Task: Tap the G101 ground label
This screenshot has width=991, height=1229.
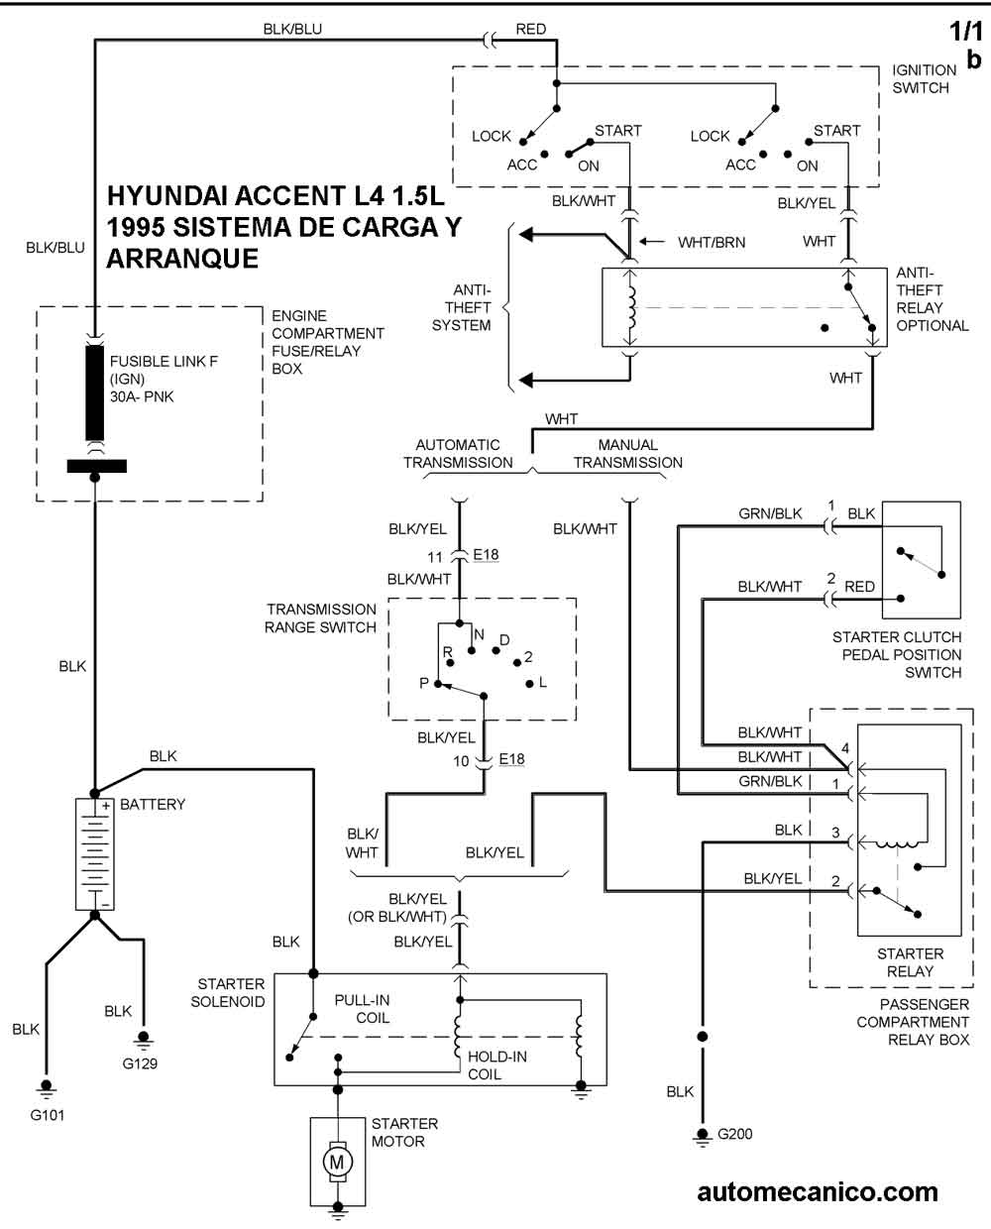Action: click(48, 1114)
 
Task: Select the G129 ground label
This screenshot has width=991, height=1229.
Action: click(140, 1062)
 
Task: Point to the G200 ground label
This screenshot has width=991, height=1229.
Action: click(734, 1134)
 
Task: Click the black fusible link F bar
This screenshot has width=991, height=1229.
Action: click(95, 391)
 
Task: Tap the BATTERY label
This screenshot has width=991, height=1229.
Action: click(153, 804)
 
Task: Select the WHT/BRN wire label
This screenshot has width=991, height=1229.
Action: click(712, 243)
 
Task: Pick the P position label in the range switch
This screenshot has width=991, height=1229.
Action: click(424, 683)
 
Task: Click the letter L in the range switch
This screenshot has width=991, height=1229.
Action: click(543, 682)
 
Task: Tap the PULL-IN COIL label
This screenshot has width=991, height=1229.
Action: click(363, 1009)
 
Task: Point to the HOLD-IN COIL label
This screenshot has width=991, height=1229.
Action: click(496, 1065)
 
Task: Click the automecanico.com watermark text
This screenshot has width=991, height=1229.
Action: click(818, 1193)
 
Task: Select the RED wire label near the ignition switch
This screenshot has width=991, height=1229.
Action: click(530, 29)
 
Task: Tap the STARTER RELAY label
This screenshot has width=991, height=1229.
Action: click(910, 962)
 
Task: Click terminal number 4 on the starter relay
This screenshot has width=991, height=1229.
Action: click(845, 747)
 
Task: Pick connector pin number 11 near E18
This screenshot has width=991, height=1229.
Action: click(435, 557)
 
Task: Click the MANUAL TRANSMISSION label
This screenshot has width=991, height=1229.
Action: click(627, 454)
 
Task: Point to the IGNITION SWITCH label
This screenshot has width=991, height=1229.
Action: click(924, 79)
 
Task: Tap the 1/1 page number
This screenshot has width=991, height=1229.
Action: click(966, 32)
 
